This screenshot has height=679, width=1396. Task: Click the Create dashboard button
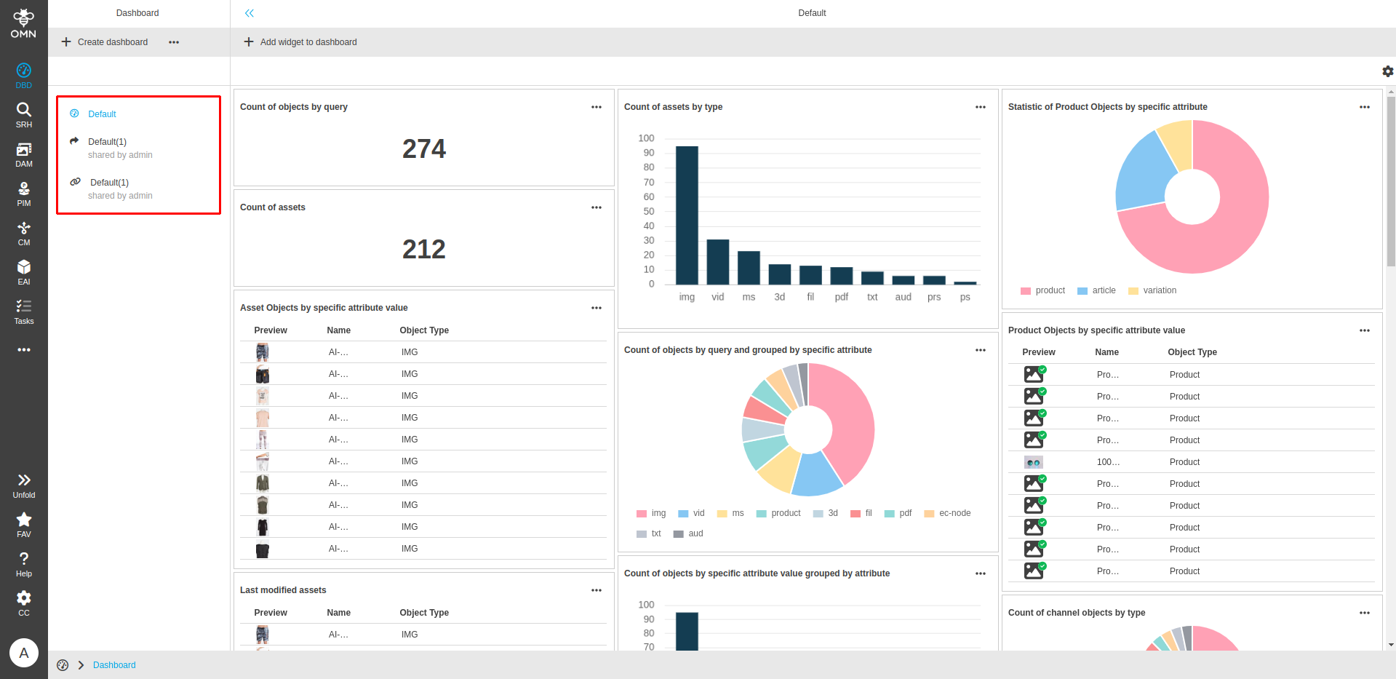105,42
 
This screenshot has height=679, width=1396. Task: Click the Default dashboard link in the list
102,114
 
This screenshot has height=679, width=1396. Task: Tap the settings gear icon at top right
1387,71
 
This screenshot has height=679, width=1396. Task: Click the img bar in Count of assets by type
687,215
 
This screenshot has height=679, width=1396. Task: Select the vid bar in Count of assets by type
717,262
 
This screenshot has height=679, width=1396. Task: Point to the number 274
424,149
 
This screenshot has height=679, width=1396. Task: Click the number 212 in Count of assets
424,250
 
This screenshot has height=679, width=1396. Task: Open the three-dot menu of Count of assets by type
980,107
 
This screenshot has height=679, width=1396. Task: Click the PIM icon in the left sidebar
24,194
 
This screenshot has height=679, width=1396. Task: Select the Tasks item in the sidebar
24,311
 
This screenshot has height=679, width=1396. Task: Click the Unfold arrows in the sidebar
24,485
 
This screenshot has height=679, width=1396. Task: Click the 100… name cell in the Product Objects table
1108,462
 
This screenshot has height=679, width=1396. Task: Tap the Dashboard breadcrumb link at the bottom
114,665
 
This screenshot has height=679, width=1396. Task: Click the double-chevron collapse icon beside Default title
250,13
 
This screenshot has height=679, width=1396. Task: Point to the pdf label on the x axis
841,297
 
